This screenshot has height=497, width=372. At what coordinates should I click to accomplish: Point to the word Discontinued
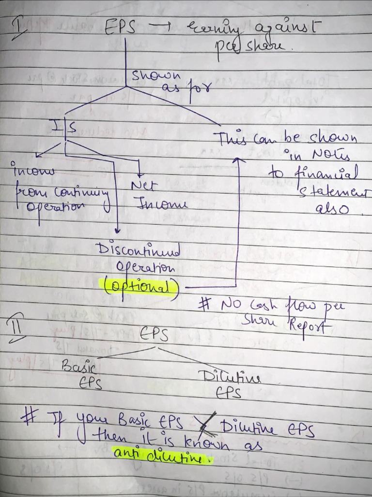click(139, 251)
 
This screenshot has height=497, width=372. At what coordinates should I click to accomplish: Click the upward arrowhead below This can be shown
click(238, 161)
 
